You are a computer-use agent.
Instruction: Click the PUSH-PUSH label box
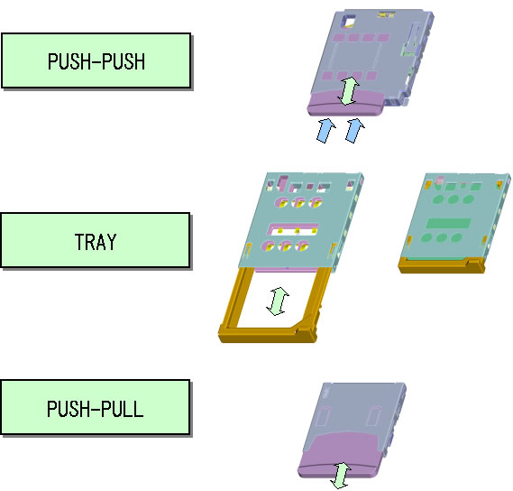tap(96, 60)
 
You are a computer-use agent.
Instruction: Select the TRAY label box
tap(96, 240)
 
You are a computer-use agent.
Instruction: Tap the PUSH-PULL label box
tap(96, 407)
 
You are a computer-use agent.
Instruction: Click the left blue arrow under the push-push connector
tap(325, 131)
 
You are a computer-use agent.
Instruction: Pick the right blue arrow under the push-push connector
tap(355, 130)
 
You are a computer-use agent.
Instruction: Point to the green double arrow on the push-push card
tap(348, 91)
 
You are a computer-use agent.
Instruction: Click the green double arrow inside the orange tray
tap(278, 301)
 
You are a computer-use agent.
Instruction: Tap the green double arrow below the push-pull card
tap(341, 476)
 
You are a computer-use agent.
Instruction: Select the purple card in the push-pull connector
tap(340, 455)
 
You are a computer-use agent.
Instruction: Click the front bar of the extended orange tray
tap(267, 335)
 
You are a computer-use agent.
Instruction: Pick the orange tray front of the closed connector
tap(441, 265)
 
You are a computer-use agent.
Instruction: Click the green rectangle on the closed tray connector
tap(448, 223)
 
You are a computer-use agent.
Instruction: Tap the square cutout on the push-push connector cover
tap(348, 21)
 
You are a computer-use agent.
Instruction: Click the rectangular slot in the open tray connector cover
tap(293, 230)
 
